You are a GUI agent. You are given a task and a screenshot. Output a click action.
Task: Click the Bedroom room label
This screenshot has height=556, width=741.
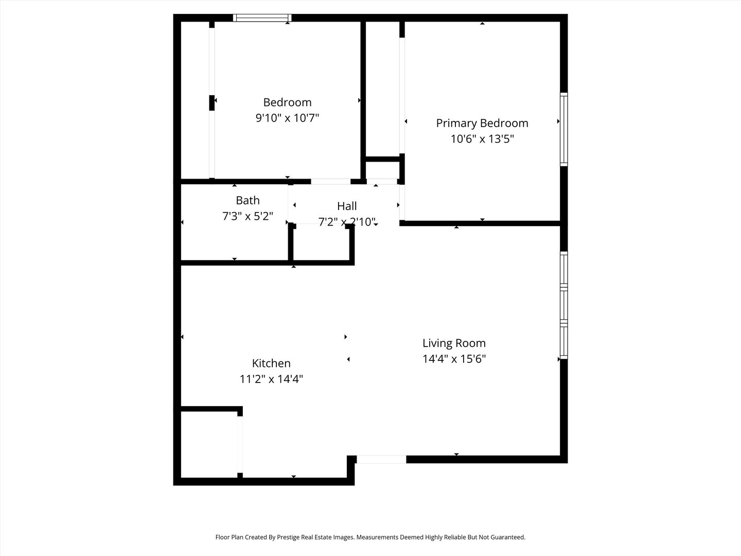pyautogui.click(x=287, y=102)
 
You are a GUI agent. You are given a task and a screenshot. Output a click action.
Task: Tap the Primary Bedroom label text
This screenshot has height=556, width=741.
pyautogui.click(x=482, y=123)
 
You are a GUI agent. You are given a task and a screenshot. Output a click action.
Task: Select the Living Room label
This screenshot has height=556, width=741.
pyautogui.click(x=454, y=343)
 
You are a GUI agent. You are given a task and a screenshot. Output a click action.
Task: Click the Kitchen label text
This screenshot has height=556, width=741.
pyautogui.click(x=271, y=363)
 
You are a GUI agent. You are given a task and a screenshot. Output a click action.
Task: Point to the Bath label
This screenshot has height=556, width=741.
pyautogui.click(x=248, y=200)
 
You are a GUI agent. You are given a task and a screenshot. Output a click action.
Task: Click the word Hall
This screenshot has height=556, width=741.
pyautogui.click(x=347, y=206)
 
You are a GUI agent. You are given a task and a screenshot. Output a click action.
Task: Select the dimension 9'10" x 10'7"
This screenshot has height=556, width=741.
pyautogui.click(x=287, y=118)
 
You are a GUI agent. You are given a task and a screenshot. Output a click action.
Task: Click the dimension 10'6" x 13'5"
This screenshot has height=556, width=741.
pyautogui.click(x=482, y=139)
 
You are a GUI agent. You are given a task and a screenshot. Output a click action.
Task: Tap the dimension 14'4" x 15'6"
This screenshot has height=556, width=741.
pyautogui.click(x=454, y=359)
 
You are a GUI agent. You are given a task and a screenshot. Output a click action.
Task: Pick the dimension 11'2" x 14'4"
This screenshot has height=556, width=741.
pyautogui.click(x=271, y=379)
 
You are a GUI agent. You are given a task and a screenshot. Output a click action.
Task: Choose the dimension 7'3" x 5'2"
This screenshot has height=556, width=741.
pyautogui.click(x=248, y=216)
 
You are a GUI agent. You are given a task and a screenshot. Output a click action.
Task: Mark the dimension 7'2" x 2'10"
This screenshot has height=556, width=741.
pyautogui.click(x=347, y=222)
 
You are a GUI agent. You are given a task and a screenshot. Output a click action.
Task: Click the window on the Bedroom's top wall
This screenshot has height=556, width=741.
pyautogui.click(x=262, y=18)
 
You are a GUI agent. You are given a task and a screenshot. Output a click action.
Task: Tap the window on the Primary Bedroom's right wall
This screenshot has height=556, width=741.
pyautogui.click(x=564, y=129)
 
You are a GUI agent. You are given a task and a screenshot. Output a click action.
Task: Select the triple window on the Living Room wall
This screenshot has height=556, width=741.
pyautogui.click(x=564, y=305)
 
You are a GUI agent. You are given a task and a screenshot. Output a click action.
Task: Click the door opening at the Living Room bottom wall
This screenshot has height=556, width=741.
pyautogui.click(x=381, y=459)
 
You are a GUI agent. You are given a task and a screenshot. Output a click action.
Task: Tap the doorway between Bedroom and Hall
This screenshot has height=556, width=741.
pyautogui.click(x=331, y=181)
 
